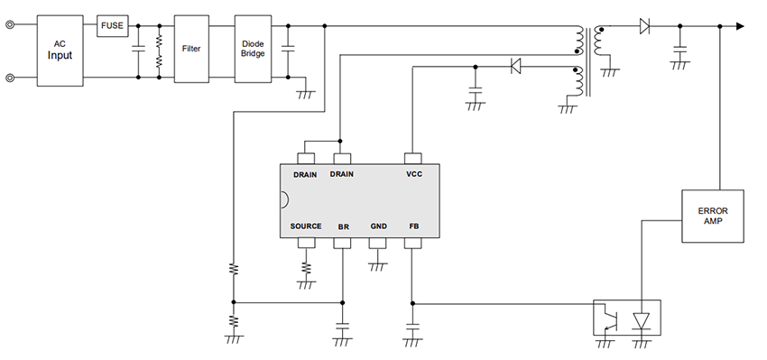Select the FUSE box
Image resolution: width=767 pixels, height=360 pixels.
[x=113, y=25]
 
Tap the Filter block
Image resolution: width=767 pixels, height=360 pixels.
[x=191, y=49]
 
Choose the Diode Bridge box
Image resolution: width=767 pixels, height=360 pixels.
[x=253, y=49]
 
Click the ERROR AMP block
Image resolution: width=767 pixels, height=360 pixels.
[x=712, y=216]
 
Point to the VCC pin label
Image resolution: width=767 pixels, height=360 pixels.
[x=414, y=174]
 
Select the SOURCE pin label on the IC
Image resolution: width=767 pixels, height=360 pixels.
[x=306, y=226]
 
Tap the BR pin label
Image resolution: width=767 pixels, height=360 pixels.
[x=343, y=226]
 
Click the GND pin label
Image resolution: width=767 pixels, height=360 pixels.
[x=378, y=226]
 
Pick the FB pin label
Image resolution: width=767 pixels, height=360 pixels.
[x=413, y=226]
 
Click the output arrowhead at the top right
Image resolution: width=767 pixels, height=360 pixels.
[x=739, y=26]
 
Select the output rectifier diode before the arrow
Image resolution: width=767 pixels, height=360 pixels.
[x=644, y=26]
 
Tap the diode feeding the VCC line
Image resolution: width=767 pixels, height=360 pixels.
[x=516, y=66]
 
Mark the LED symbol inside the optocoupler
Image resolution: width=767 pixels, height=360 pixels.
[x=642, y=319]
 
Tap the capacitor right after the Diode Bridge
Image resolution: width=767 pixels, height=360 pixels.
[x=289, y=50]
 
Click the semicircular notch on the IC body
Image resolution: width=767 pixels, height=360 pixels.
[x=283, y=199]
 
